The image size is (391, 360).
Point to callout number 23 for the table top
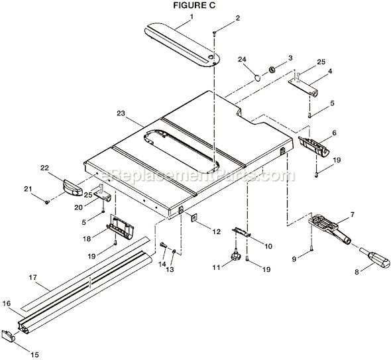(x=121, y=113)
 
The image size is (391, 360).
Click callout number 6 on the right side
(x=333, y=133)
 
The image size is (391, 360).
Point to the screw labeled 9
(x=311, y=250)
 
